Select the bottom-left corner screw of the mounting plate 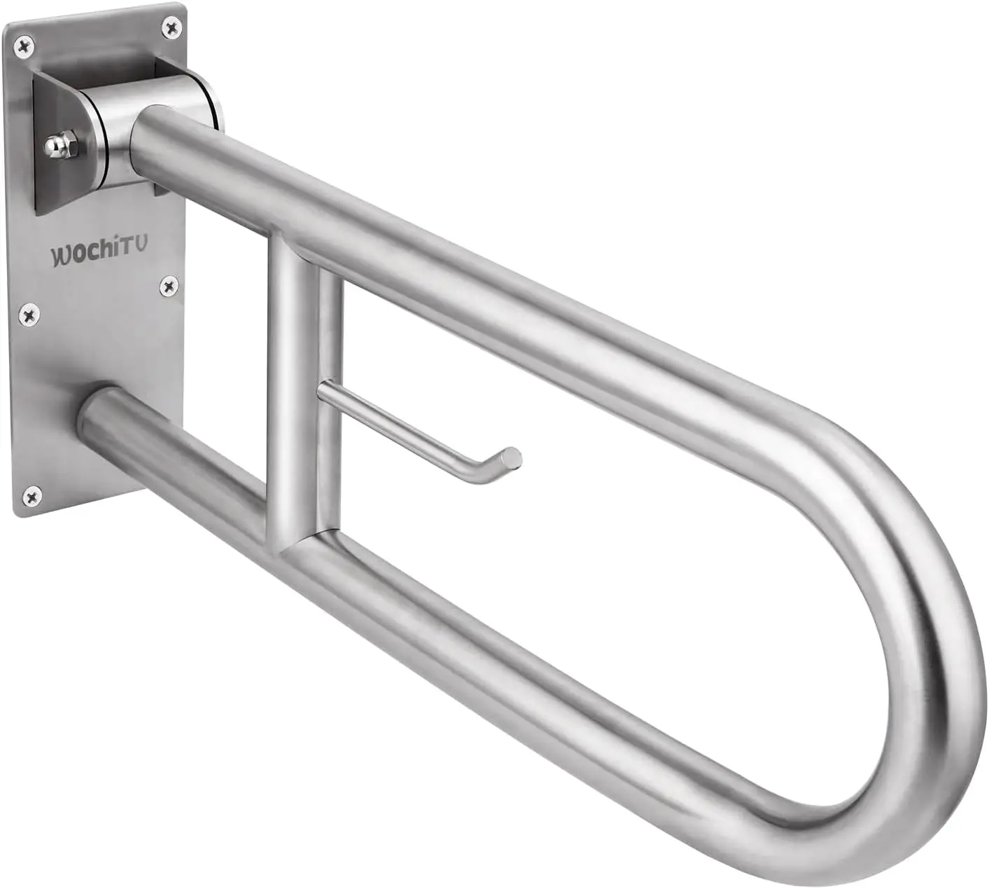tap(31, 497)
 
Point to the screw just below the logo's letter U tap(168, 285)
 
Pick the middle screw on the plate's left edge tap(28, 315)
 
